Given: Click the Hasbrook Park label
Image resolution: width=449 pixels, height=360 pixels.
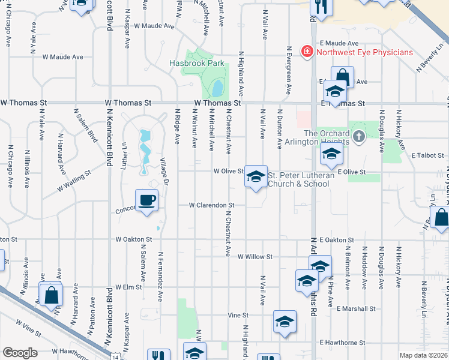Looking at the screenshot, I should pyautogui.click(x=196, y=63).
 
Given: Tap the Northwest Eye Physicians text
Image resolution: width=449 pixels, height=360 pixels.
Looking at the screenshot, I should pyautogui.click(x=365, y=52).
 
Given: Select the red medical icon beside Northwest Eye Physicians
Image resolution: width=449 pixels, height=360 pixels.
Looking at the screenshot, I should pyautogui.click(x=307, y=52).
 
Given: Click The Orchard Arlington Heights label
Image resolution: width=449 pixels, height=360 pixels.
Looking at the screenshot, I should pyautogui.click(x=326, y=137).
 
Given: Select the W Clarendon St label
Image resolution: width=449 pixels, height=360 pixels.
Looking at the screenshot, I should pyautogui.click(x=211, y=205).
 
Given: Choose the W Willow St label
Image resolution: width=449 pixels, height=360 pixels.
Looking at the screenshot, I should pyautogui.click(x=255, y=257).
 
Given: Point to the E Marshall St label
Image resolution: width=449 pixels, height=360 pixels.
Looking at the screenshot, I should pyautogui.click(x=356, y=308).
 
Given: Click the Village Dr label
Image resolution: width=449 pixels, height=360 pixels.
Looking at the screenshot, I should pyautogui.click(x=163, y=171).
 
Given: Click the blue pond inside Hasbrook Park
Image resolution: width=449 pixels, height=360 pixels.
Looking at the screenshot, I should pyautogui.click(x=216, y=89).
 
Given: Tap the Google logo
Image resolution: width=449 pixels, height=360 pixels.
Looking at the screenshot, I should pyautogui.click(x=19, y=353).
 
